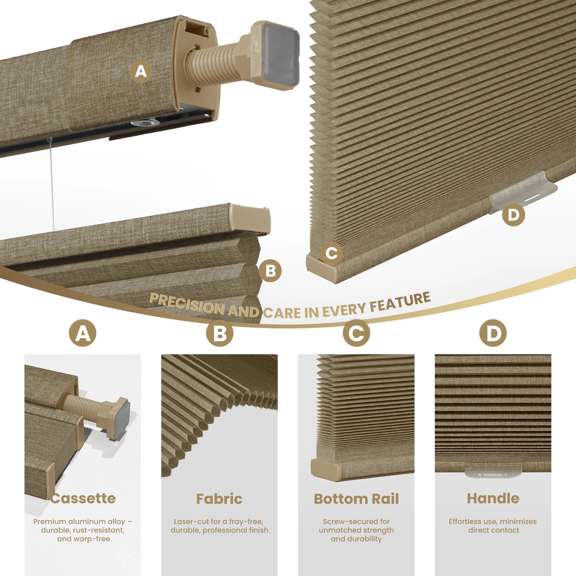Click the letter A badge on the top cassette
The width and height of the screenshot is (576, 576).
coord(141,71)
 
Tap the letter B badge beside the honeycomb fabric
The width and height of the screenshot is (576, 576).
coord(270,271)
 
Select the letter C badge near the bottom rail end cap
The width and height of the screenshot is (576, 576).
coord(331,253)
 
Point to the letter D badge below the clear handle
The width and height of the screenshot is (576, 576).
coord(514,215)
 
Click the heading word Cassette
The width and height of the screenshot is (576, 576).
coord(83,498)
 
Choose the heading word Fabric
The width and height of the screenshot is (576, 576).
coord(219,499)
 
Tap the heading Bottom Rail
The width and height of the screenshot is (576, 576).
coord(356,499)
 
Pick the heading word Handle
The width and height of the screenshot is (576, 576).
coord(493,498)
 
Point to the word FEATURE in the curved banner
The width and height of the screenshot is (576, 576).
coord(400,301)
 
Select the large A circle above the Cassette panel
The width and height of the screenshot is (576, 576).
coord(83,333)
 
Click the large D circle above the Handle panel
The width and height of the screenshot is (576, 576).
coord(493,333)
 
